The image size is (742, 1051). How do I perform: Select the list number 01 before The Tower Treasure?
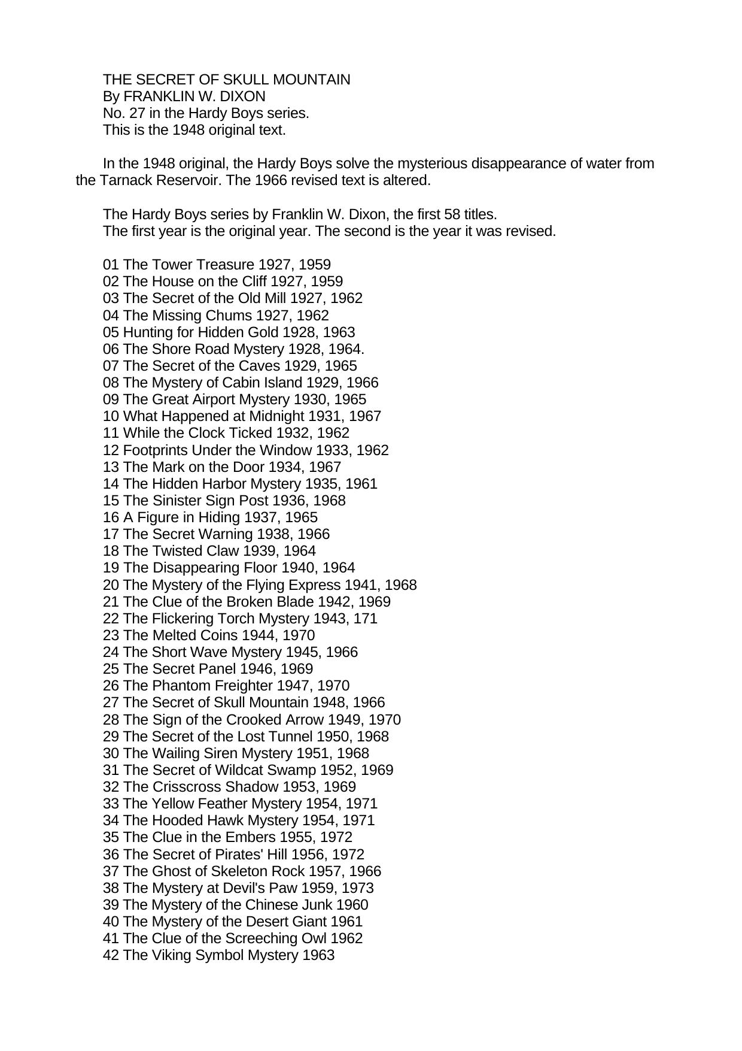tap(111, 265)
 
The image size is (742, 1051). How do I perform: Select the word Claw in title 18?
tap(221, 551)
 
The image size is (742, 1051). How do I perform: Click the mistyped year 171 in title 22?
tap(366, 619)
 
